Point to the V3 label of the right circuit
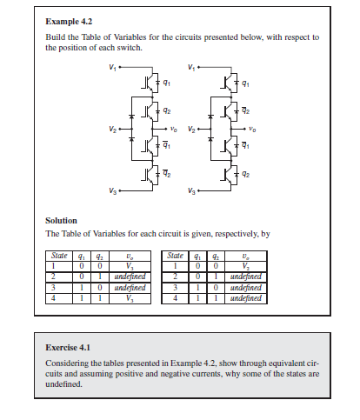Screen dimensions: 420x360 [191, 190]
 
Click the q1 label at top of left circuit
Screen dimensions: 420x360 [169, 84]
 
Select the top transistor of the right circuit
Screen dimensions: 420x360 [227, 84]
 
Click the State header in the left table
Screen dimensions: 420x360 [58, 256]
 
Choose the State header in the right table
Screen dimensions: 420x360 [177, 256]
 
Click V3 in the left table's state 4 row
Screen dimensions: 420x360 [129, 298]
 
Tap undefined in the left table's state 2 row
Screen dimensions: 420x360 [129, 277]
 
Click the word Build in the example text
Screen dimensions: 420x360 [55, 37]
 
